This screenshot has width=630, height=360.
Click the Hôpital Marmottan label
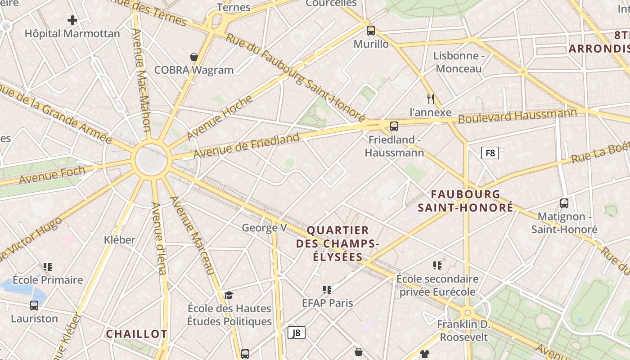[72, 34]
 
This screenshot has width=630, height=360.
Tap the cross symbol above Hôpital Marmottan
[72, 20]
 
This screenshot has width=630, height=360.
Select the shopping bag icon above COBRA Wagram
[194, 57]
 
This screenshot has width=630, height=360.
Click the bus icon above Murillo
[371, 31]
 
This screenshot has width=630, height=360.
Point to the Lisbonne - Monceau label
[459, 62]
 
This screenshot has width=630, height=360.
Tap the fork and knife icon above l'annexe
[431, 99]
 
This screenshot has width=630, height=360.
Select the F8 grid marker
[490, 153]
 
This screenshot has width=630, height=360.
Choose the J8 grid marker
[297, 333]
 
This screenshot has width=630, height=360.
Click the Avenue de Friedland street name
[247, 145]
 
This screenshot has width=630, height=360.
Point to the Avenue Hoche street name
[220, 117]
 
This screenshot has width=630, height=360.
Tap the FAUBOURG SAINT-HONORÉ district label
[466, 201]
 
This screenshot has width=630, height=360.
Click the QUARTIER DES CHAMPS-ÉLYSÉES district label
[337, 243]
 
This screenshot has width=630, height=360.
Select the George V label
[264, 228]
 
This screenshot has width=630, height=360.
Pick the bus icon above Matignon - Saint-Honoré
[564, 203]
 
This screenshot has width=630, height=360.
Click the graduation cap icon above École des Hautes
[229, 295]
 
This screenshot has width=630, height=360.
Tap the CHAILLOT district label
[136, 334]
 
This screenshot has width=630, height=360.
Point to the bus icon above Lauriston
[34, 306]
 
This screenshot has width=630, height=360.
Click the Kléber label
[119, 240]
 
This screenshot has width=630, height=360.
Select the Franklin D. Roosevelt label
[463, 330]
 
